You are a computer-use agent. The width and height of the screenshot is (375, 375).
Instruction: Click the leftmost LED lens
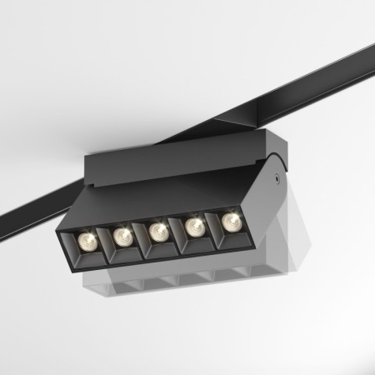(x=86, y=242)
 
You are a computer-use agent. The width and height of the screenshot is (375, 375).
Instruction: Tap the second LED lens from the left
(x=122, y=237)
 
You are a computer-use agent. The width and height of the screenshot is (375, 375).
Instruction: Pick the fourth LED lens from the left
(x=194, y=226)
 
